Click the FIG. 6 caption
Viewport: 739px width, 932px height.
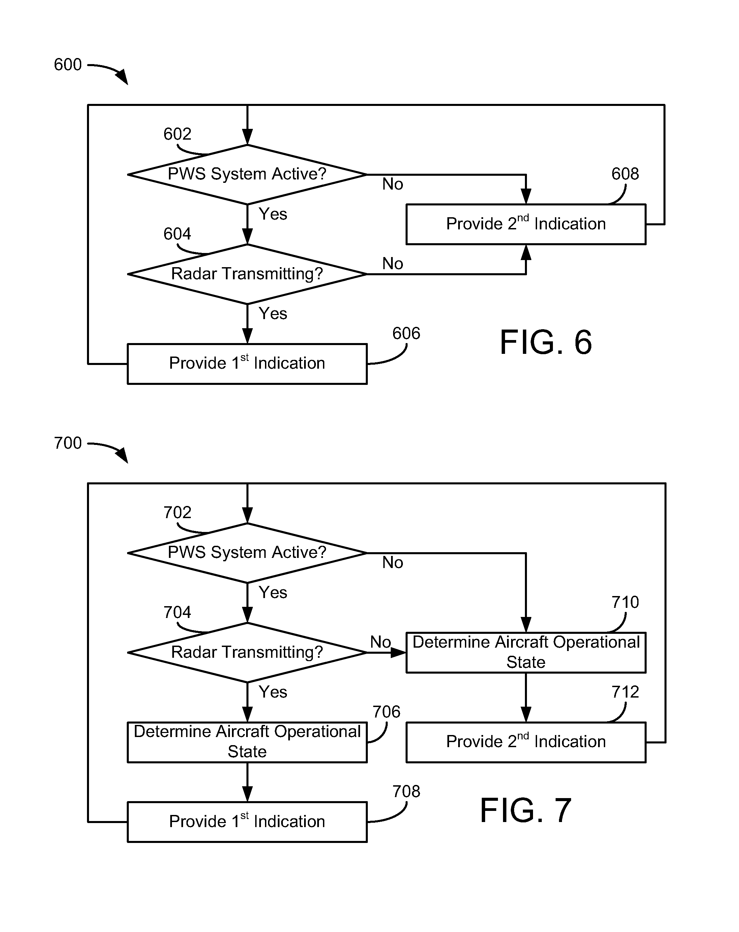545,342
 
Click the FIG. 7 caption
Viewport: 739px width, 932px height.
526,811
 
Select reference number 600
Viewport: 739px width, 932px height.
67,65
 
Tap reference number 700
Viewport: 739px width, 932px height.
67,443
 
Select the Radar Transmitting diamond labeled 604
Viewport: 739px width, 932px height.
247,274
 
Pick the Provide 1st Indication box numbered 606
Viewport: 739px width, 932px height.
247,364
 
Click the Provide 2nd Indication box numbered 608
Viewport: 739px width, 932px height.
526,224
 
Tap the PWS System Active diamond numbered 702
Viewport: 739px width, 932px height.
247,553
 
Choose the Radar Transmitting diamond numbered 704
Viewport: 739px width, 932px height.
247,652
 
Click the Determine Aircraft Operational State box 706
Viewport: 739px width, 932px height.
247,742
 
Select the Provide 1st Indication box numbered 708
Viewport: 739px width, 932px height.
247,822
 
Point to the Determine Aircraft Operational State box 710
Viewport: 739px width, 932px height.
526,652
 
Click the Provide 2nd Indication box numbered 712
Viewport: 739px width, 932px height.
526,742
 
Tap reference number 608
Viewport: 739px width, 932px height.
625,174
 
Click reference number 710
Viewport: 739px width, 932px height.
625,602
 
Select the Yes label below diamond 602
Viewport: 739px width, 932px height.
273,214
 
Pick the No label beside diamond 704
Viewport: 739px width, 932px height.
380,642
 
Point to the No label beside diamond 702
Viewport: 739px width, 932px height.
392,562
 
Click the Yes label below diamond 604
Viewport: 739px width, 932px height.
273,313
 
